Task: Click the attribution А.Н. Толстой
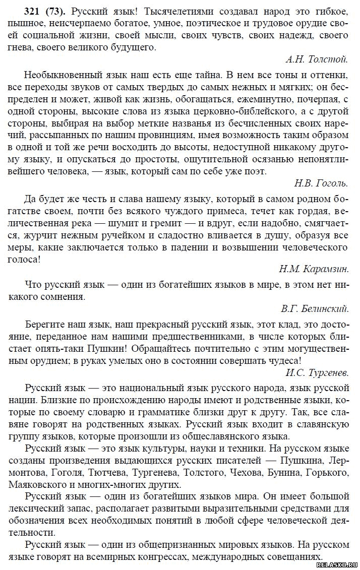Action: pos(317,60)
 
